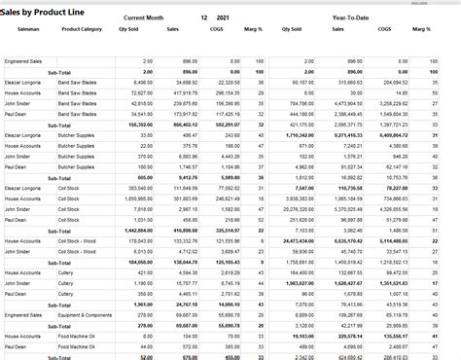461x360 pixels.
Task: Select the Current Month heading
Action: click(145, 18)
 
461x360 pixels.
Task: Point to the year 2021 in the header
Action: click(224, 18)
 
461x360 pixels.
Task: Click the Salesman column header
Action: click(29, 30)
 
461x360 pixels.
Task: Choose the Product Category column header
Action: click(82, 30)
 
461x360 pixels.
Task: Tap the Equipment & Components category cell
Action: click(82, 315)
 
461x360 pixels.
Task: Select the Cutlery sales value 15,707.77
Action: click(186, 286)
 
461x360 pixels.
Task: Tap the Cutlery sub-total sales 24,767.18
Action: click(185, 305)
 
